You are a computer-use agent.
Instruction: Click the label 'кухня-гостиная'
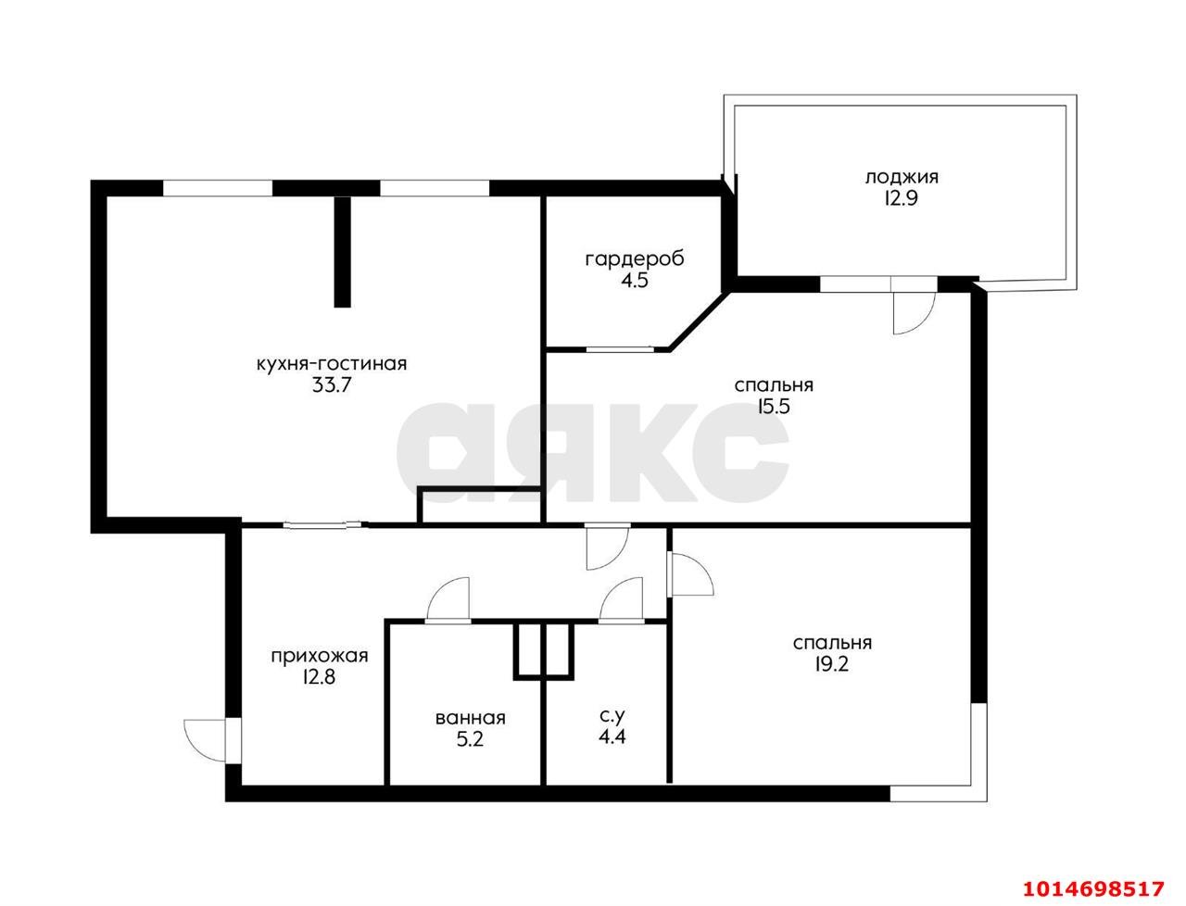331,363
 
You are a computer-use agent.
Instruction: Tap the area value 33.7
331,385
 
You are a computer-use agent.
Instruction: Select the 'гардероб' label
635,258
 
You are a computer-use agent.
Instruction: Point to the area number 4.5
635,280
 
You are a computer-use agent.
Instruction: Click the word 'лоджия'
902,177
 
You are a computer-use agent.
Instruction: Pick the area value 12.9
902,198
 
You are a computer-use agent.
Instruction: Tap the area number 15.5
773,406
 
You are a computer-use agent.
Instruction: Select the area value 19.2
832,664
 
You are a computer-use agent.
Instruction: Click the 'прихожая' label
320,656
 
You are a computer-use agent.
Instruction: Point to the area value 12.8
319,677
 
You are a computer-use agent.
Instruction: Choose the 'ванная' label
471,718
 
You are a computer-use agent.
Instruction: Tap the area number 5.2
471,739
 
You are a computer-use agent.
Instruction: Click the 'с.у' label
610,715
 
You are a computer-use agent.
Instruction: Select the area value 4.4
610,737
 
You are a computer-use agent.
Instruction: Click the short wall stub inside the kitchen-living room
344,250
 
